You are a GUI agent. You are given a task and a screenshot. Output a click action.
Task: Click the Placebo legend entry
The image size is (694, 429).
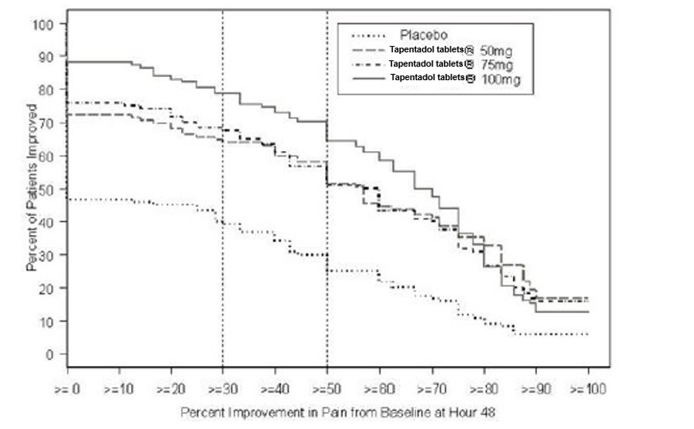[x=423, y=35]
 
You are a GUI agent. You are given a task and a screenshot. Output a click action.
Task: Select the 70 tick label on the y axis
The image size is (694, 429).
[x=48, y=123]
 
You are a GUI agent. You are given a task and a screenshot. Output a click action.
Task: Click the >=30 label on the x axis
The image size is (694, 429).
[x=223, y=390]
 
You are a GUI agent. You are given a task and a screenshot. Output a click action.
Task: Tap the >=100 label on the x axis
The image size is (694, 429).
[x=588, y=390]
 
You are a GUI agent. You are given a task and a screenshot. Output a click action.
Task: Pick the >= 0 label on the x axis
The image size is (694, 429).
[x=68, y=390]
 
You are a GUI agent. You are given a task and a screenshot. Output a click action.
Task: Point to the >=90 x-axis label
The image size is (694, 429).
[x=536, y=390]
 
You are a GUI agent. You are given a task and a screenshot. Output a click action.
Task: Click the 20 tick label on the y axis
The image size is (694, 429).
[x=48, y=288]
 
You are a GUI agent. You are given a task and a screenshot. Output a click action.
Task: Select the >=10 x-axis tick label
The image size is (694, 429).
[x=119, y=390]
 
